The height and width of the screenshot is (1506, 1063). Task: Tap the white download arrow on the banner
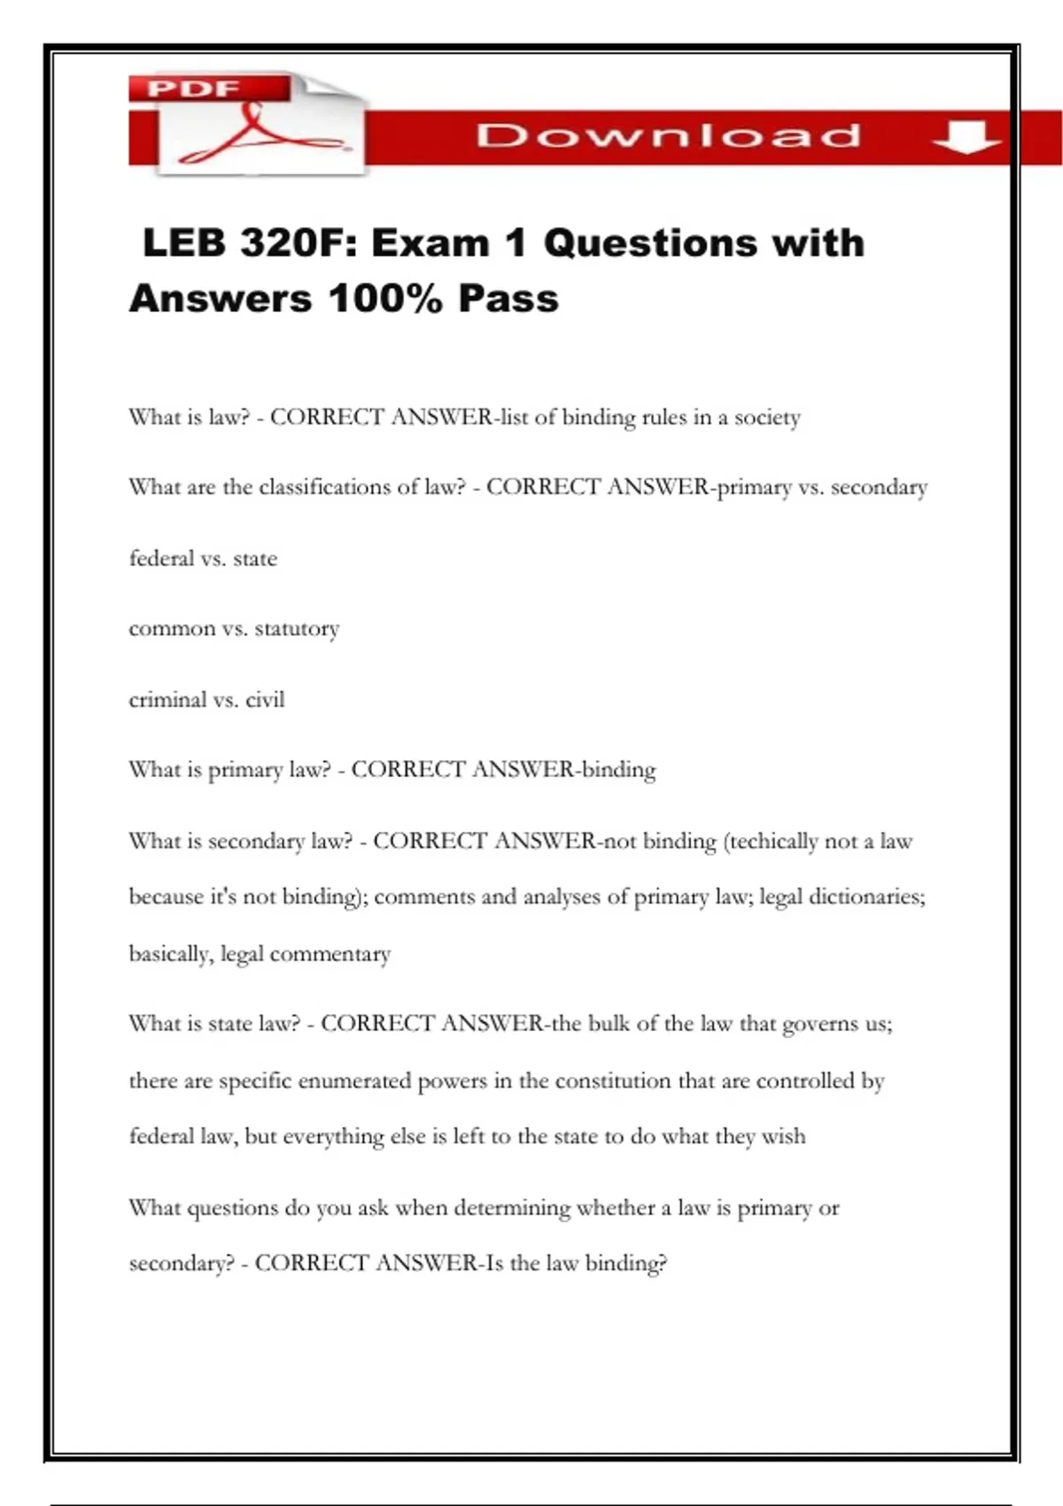click(x=966, y=136)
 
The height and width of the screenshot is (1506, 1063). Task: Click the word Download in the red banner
click(x=669, y=136)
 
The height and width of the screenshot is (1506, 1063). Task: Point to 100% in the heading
click(x=384, y=299)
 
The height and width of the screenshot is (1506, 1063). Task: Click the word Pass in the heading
click(x=508, y=299)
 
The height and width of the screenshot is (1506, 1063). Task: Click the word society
click(x=767, y=417)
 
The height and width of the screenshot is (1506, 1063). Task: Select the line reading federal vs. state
click(x=203, y=558)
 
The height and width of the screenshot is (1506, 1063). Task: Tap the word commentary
click(x=330, y=954)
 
